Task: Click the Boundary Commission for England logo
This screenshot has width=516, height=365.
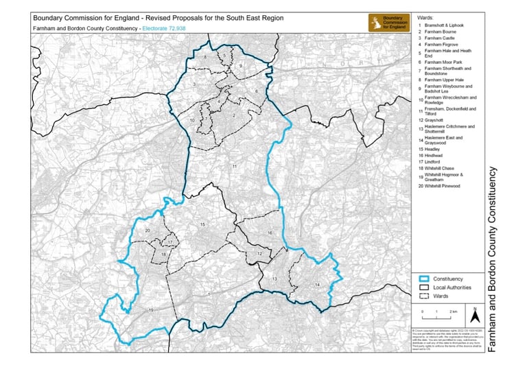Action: pyautogui.click(x=390, y=21)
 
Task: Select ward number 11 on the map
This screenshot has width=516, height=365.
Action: pyautogui.click(x=234, y=167)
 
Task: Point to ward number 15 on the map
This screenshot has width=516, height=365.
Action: pyautogui.click(x=202, y=224)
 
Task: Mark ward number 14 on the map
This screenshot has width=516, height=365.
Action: pyautogui.click(x=317, y=284)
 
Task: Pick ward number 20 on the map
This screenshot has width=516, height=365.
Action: pyautogui.click(x=148, y=231)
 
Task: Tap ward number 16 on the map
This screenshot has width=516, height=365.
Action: pyautogui.click(x=270, y=233)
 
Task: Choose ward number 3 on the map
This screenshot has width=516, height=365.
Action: pyautogui.click(x=195, y=84)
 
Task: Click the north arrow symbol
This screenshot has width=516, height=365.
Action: pyautogui.click(x=473, y=317)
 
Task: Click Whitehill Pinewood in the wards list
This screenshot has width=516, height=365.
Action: pyautogui.click(x=445, y=186)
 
